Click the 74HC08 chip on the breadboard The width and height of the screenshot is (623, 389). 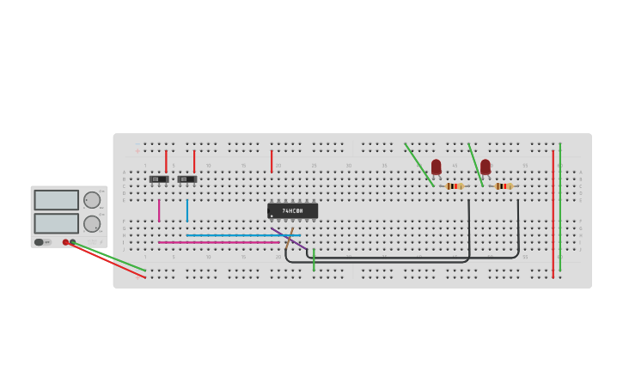tap(292, 210)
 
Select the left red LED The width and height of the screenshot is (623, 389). tap(436, 167)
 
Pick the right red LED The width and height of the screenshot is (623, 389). tap(486, 167)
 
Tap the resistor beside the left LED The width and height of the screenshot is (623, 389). tap(455, 185)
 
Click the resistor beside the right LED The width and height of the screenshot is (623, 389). tap(504, 185)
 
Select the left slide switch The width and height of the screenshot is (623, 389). tap(159, 179)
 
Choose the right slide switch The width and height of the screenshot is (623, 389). tap(186, 179)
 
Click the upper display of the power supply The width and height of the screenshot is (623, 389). tap(56, 200)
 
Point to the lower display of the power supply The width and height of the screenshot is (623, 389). tap(56, 223)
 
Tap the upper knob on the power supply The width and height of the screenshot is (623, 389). tap(92, 200)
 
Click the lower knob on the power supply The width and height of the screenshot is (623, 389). tap(92, 224)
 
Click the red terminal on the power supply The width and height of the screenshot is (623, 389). tap(65, 242)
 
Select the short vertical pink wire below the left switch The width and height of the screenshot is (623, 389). tap(159, 210)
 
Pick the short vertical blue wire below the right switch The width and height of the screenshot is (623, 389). tap(186, 210)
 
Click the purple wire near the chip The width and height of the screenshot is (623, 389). tap(289, 238)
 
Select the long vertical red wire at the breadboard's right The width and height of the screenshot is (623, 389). tap(553, 215)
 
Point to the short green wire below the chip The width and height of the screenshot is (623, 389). tap(314, 260)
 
